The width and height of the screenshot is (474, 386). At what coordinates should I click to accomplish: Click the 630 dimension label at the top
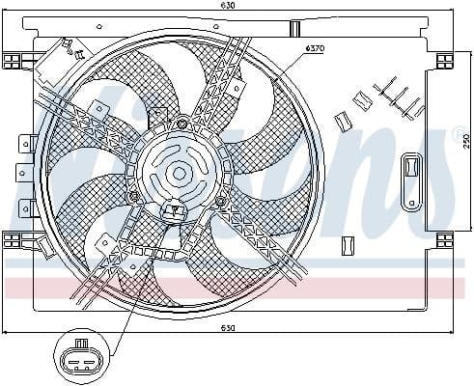[x=228, y=6]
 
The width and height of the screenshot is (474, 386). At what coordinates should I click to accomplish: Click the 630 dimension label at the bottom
[x=228, y=328]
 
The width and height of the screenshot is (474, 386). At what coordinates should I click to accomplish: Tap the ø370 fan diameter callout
[x=314, y=47]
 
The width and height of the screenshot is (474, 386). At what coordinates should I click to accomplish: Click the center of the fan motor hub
[x=179, y=174]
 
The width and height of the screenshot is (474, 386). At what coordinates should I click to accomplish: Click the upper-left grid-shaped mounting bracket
[x=14, y=61]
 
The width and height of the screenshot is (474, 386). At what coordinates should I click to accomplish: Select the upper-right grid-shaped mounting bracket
[x=444, y=61]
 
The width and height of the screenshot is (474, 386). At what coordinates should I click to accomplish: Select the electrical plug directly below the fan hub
[x=176, y=209]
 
